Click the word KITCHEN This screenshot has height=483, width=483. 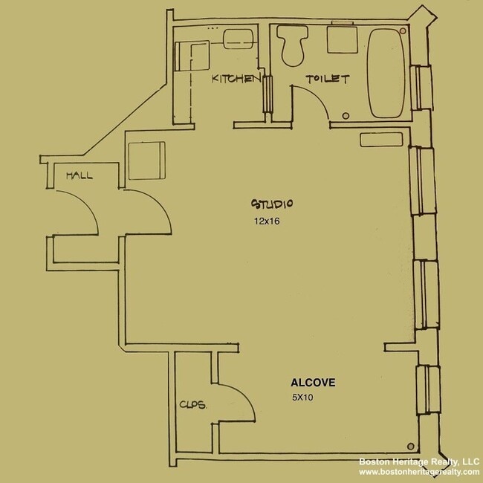(x=236, y=79)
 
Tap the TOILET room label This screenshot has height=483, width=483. (x=327, y=79)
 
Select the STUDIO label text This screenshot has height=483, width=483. (x=273, y=204)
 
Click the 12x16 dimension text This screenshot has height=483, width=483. (x=265, y=221)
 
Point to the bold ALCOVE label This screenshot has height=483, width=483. (x=313, y=383)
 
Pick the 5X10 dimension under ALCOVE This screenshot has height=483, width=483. (x=302, y=398)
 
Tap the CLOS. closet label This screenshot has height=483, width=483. (x=192, y=406)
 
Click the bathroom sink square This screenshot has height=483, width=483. (x=341, y=39)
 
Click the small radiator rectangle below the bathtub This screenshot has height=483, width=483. (x=377, y=139)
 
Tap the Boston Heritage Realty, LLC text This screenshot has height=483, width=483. (x=419, y=461)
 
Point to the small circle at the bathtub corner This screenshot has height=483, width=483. (x=402, y=31)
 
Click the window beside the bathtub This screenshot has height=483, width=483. (x=424, y=86)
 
